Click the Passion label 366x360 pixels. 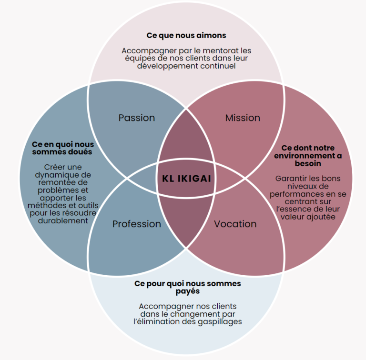[x=137, y=118]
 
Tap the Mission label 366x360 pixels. [x=243, y=118]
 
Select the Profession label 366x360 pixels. [x=137, y=224]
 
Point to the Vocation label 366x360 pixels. [x=235, y=224]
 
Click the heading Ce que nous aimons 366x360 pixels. [x=186, y=35]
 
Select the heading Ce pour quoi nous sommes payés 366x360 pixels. [x=187, y=287]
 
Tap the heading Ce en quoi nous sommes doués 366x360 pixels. [x=62, y=148]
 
